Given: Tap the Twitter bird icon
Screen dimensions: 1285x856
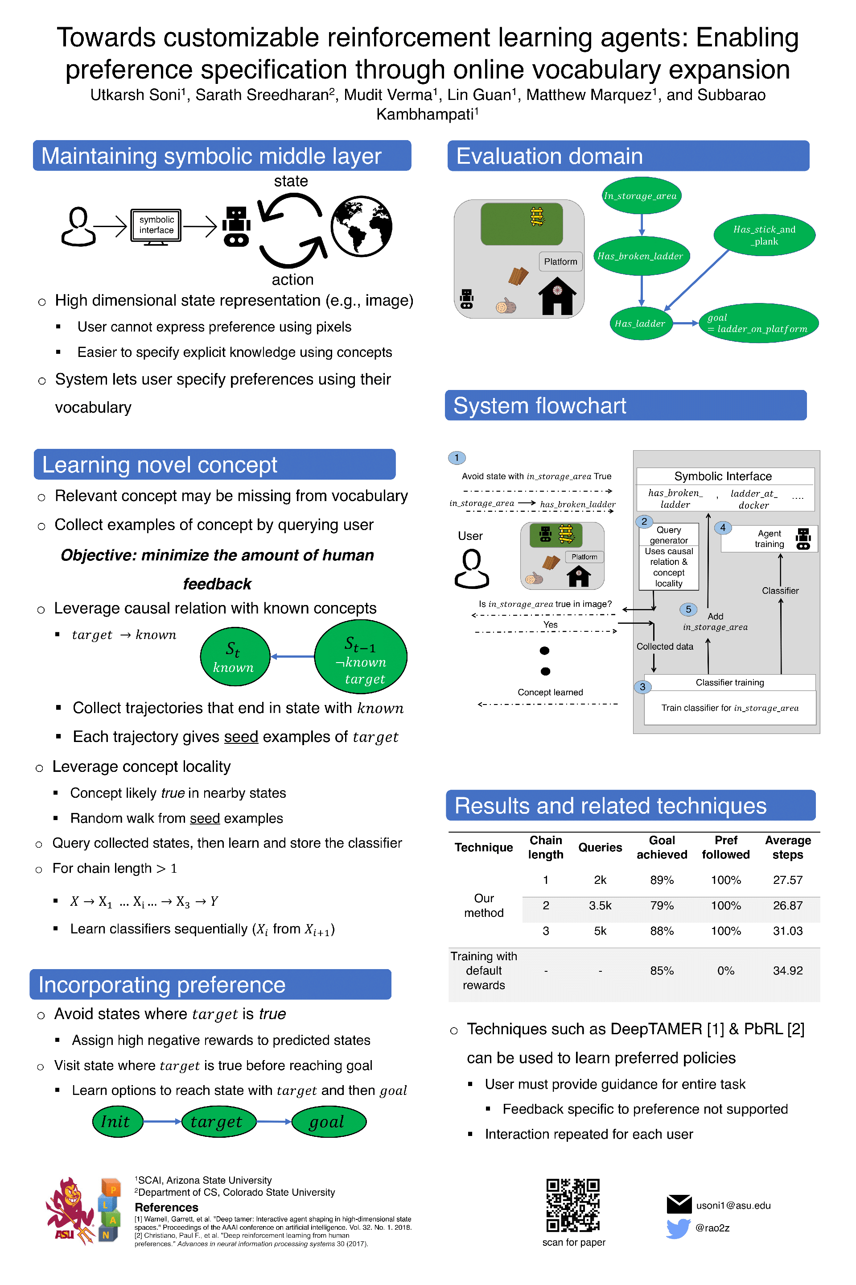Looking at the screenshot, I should [x=678, y=1228].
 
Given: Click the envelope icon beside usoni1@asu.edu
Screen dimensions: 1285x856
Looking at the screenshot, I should [x=679, y=1204].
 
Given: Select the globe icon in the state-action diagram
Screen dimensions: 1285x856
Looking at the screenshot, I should [x=362, y=226].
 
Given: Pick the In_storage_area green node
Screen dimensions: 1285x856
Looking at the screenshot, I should [x=642, y=195].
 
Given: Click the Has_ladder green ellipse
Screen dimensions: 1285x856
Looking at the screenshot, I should [x=640, y=323].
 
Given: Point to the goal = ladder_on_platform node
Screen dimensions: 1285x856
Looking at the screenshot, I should [x=758, y=323].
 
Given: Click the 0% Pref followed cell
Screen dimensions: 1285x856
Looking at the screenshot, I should [x=725, y=970].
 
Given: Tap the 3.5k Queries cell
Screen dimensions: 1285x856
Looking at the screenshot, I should [x=600, y=905].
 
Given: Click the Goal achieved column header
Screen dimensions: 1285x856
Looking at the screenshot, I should [x=662, y=847].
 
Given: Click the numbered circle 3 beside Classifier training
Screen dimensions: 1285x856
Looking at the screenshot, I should [x=642, y=687].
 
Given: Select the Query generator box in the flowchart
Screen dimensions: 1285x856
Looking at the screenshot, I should [x=669, y=556].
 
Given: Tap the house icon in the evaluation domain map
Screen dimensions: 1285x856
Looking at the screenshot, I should [x=557, y=295].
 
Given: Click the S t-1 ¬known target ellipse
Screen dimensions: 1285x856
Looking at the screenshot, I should [x=361, y=656].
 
